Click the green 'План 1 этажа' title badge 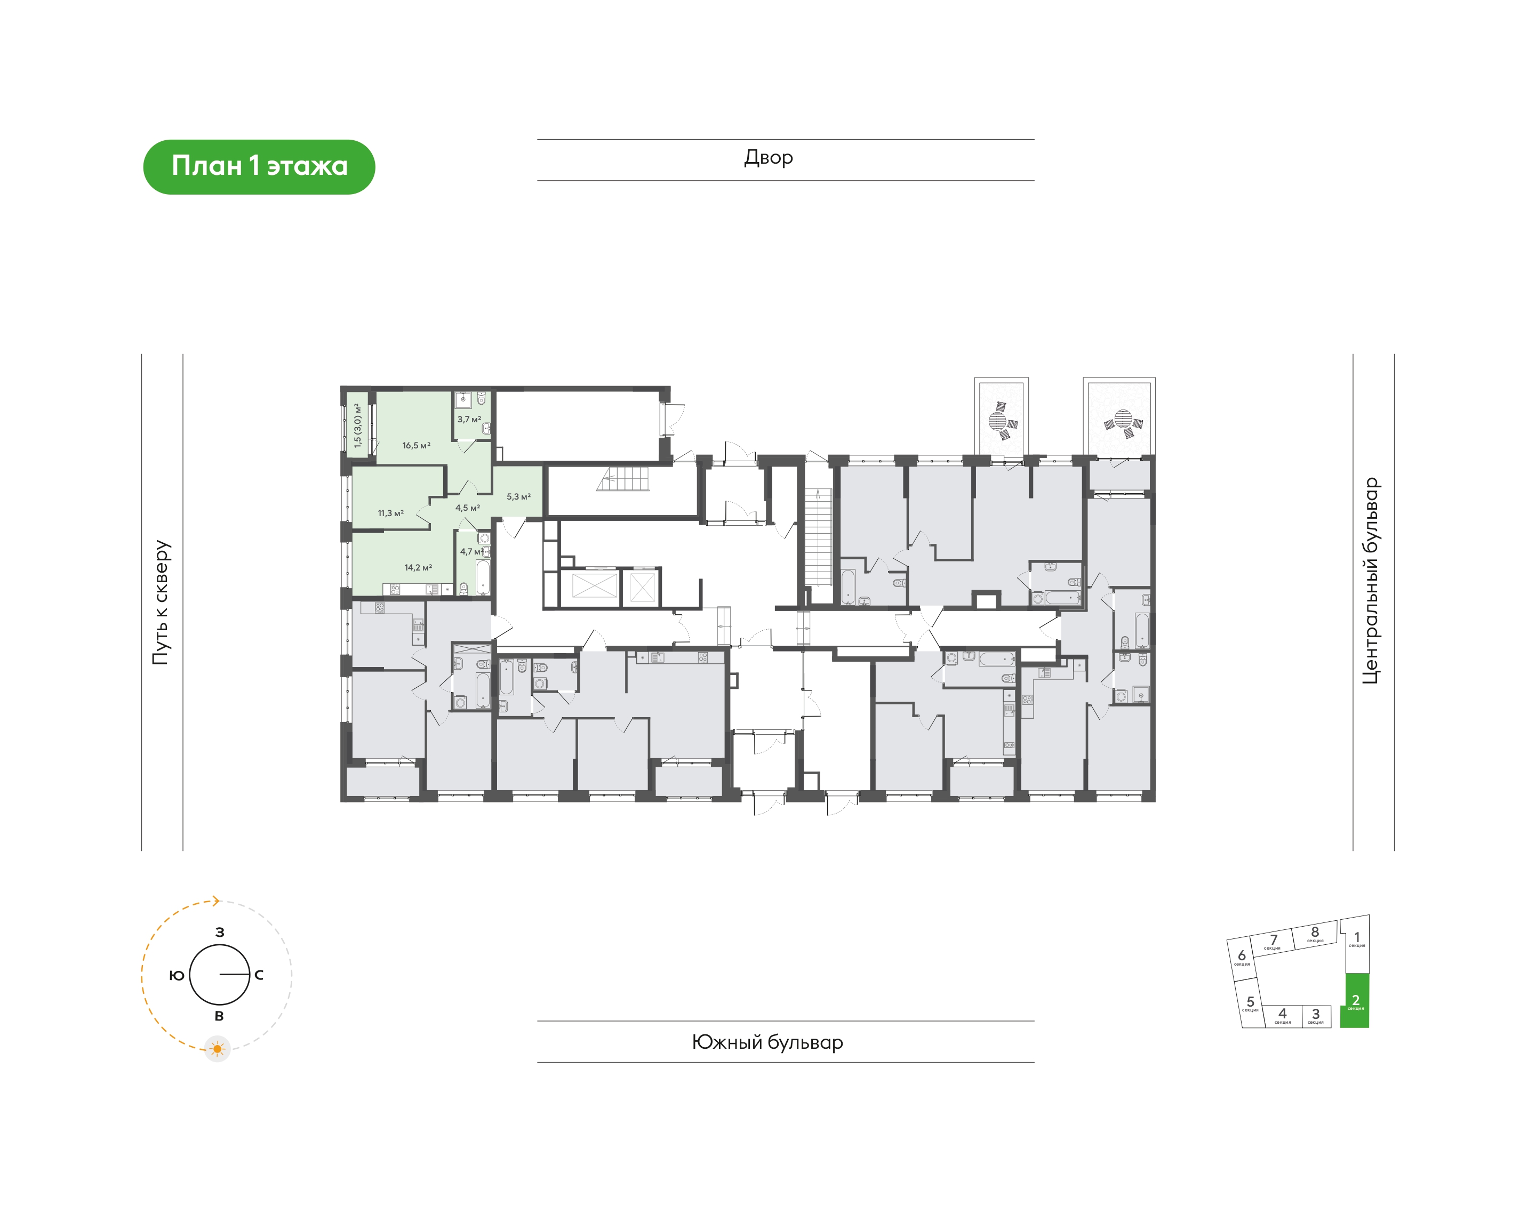pyautogui.click(x=259, y=166)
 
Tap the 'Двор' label pyautogui.click(x=769, y=157)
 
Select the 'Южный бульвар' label pyautogui.click(x=767, y=1042)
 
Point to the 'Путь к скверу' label pyautogui.click(x=162, y=602)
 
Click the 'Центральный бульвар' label pyautogui.click(x=1370, y=581)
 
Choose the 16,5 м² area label pyautogui.click(x=417, y=445)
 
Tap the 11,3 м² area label pyautogui.click(x=390, y=513)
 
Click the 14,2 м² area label pyautogui.click(x=418, y=567)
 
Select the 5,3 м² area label pyautogui.click(x=518, y=497)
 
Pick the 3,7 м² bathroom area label pyautogui.click(x=469, y=419)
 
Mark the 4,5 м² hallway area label pyautogui.click(x=467, y=508)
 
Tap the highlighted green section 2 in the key pyautogui.click(x=1355, y=1000)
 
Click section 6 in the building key pyautogui.click(x=1242, y=958)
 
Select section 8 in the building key pyautogui.click(x=1315, y=934)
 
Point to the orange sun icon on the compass pyautogui.click(x=217, y=1049)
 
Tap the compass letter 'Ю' pyautogui.click(x=177, y=975)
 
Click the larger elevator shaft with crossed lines pyautogui.click(x=594, y=587)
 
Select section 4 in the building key pyautogui.click(x=1282, y=1016)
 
